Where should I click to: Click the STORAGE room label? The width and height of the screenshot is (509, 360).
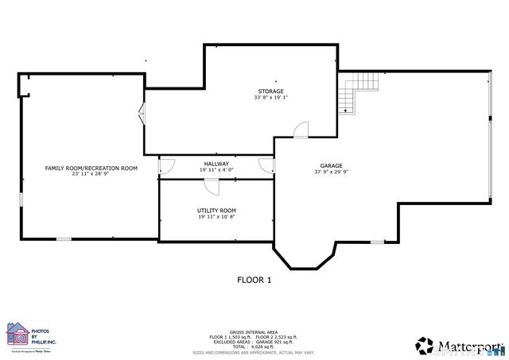click(x=270, y=91)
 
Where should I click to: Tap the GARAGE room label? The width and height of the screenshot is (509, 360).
click(x=331, y=165)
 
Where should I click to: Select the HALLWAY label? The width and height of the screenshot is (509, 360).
click(x=216, y=163)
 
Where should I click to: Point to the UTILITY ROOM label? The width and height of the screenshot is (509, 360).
click(x=216, y=211)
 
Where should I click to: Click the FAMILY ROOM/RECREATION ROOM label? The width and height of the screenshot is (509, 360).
click(x=91, y=168)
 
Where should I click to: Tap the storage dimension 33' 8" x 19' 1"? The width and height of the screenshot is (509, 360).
click(x=270, y=98)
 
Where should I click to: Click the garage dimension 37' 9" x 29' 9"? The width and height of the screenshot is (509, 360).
click(x=331, y=172)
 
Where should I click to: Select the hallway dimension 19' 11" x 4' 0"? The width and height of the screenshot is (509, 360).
click(x=216, y=169)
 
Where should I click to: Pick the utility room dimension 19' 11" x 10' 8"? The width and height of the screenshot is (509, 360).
click(x=216, y=217)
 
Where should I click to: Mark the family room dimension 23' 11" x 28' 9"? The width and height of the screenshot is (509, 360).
click(x=91, y=174)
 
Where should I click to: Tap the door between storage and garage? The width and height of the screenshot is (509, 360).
click(x=301, y=130)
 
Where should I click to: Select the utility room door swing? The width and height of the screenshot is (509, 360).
click(x=212, y=185)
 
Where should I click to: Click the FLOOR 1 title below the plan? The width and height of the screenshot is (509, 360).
click(x=254, y=280)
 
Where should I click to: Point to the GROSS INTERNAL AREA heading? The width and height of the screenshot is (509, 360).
click(x=253, y=331)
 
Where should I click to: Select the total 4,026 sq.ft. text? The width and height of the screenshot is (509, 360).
click(x=253, y=346)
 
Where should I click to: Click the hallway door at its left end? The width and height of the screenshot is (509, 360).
click(x=166, y=165)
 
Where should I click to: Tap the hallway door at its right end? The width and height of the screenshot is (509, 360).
click(x=267, y=165)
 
